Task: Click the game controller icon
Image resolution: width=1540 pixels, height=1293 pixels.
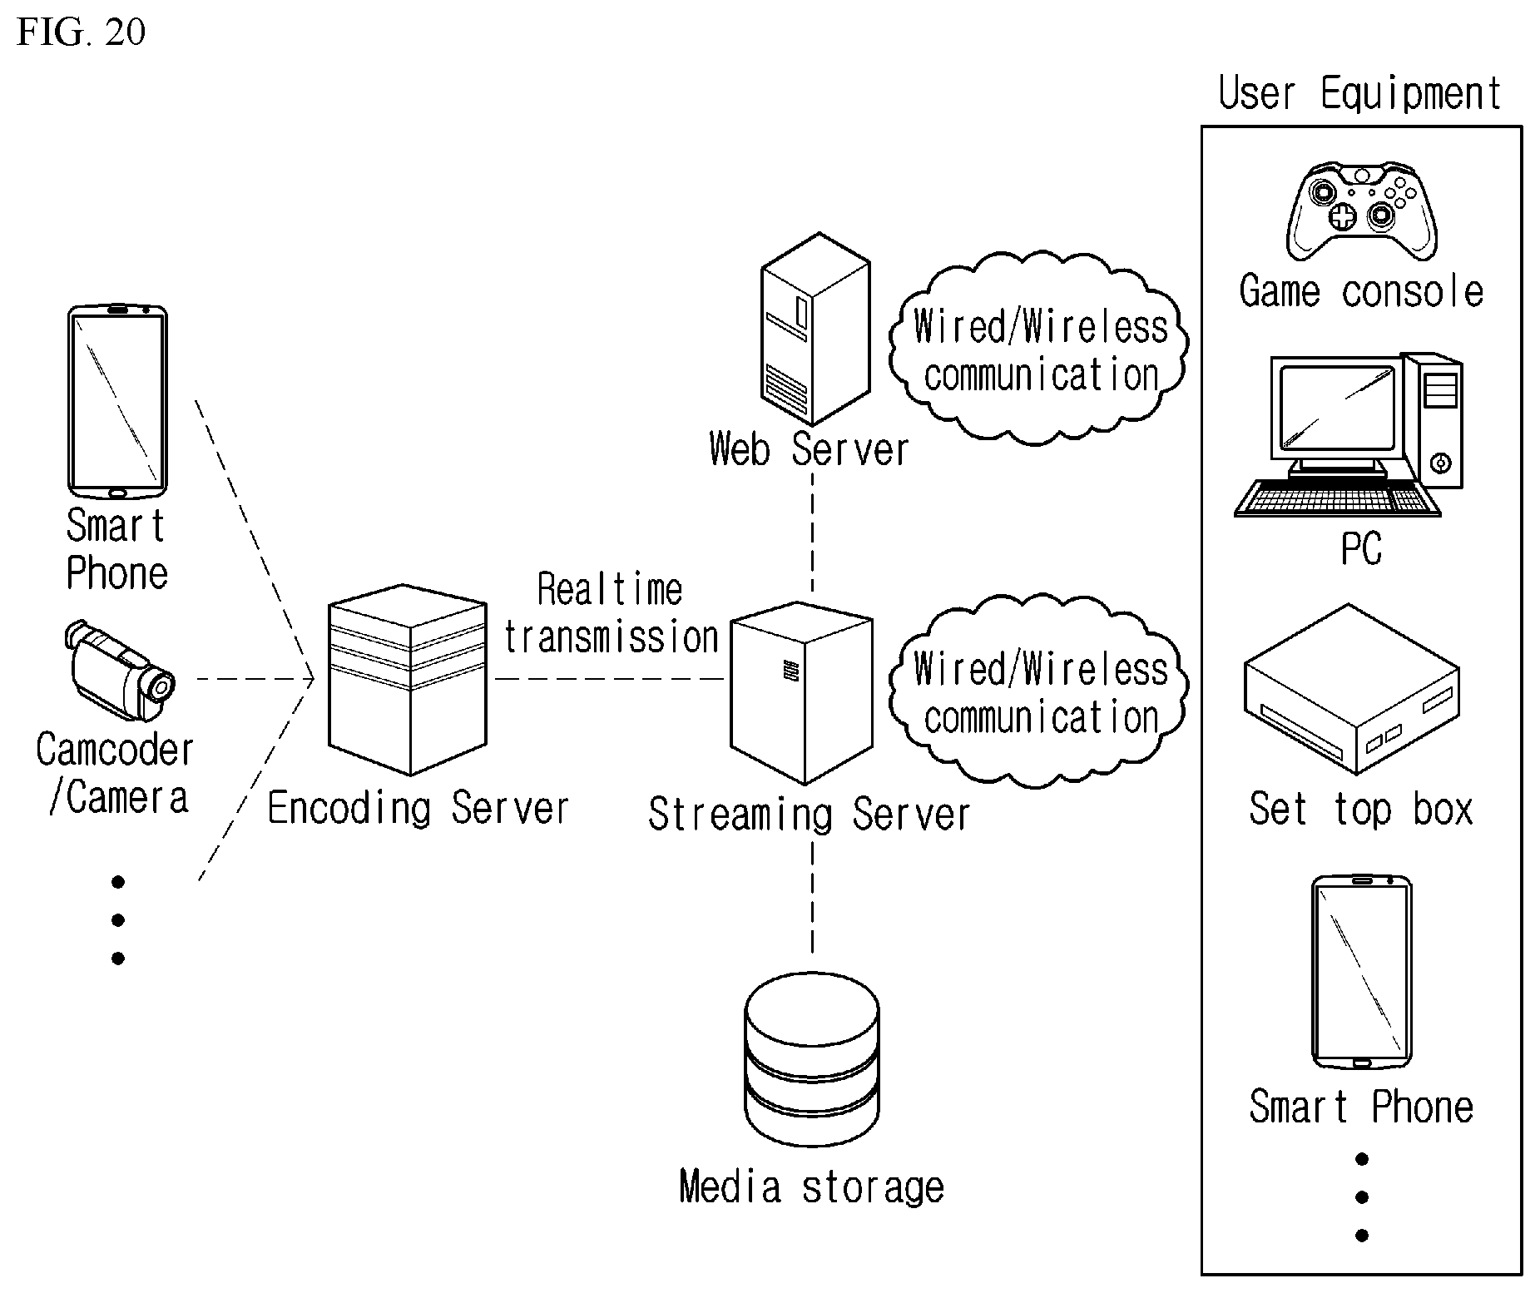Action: point(1361,211)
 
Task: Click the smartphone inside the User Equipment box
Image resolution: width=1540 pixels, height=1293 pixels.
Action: point(1361,972)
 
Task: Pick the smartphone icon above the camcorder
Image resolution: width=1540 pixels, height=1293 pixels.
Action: point(117,401)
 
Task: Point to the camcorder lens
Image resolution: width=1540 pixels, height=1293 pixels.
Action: point(161,685)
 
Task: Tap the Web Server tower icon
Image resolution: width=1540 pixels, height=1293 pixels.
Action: point(815,329)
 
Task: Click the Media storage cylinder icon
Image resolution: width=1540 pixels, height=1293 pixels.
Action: point(812,1062)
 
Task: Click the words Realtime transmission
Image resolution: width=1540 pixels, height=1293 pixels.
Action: point(612,614)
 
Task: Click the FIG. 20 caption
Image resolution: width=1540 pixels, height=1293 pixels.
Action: point(81,32)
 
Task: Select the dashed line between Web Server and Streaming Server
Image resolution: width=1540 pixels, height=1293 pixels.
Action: point(813,532)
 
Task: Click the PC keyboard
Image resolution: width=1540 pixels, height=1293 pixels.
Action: point(1338,498)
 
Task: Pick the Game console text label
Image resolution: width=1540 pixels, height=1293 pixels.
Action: point(1361,291)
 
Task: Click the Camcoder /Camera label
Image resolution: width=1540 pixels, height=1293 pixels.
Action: point(116,774)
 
